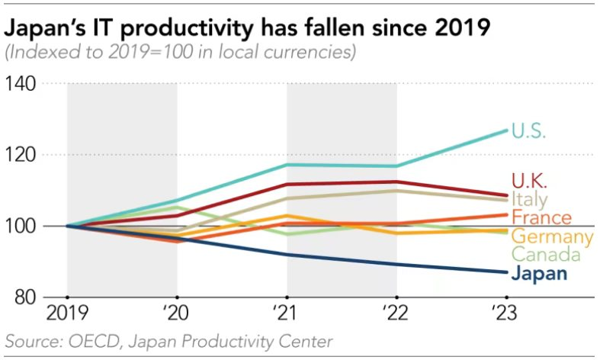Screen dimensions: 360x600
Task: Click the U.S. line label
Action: coord(532,131)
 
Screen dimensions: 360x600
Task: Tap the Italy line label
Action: coord(528,200)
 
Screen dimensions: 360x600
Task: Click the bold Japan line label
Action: coord(540,273)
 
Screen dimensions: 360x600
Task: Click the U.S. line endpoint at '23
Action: coord(507,130)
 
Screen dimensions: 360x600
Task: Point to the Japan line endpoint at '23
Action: coord(507,272)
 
